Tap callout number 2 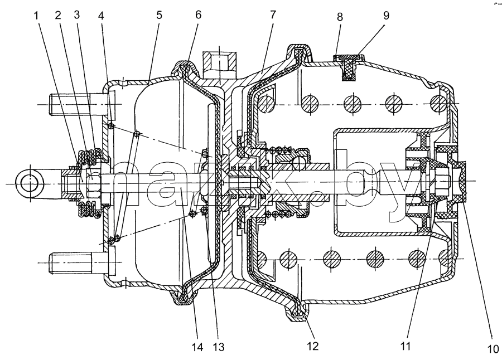coord(58,15)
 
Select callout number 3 coord(76,14)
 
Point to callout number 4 coord(101,16)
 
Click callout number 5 coord(159,16)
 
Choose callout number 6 coord(198,15)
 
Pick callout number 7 coord(273,14)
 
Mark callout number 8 coord(340,17)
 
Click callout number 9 coord(386,16)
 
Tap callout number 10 coord(493,349)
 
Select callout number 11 coord(406,346)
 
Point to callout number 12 coord(312,346)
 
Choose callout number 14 coord(198,347)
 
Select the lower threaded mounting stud coord(77,262)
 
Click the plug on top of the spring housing coord(348,66)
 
